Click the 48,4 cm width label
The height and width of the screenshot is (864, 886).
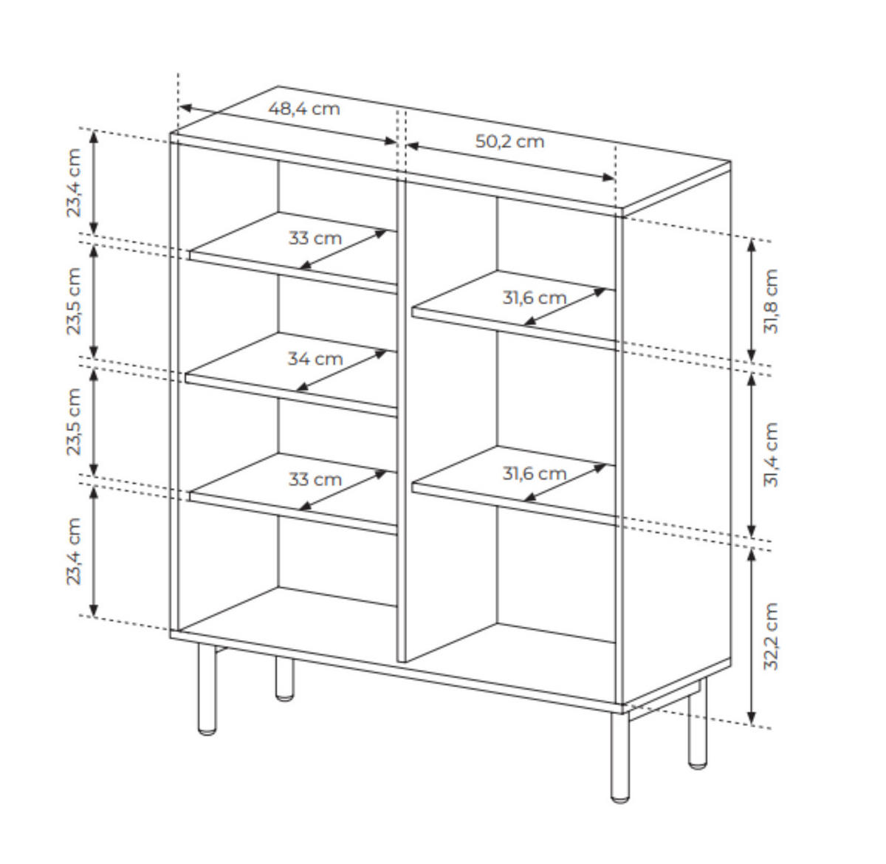pyautogui.click(x=303, y=109)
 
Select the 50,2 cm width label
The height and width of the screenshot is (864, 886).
pyautogui.click(x=509, y=141)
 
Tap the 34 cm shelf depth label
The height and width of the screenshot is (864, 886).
pyautogui.click(x=315, y=359)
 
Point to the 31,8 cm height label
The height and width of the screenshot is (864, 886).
pyautogui.click(x=771, y=301)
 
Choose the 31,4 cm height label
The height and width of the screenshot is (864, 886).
pyautogui.click(x=771, y=455)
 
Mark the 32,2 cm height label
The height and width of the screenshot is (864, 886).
pyautogui.click(x=771, y=637)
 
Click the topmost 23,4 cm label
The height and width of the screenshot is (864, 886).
pyautogui.click(x=73, y=182)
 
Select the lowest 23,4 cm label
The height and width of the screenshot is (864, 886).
pyautogui.click(x=73, y=551)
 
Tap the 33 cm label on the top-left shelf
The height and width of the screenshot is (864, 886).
pyautogui.click(x=315, y=239)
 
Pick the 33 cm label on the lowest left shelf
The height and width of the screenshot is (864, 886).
pyautogui.click(x=315, y=479)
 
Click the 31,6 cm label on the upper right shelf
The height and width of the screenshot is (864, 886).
pyautogui.click(x=534, y=298)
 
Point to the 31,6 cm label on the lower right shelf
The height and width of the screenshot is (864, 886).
pyautogui.click(x=534, y=473)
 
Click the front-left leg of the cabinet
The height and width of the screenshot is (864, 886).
pyautogui.click(x=207, y=689)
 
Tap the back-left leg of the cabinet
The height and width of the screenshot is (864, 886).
pyautogui.click(x=284, y=678)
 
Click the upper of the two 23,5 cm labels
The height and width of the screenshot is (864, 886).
pyautogui.click(x=73, y=301)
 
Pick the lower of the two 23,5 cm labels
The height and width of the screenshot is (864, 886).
pyautogui.click(x=73, y=422)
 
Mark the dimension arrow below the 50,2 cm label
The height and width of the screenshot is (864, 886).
pyautogui.click(x=510, y=162)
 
